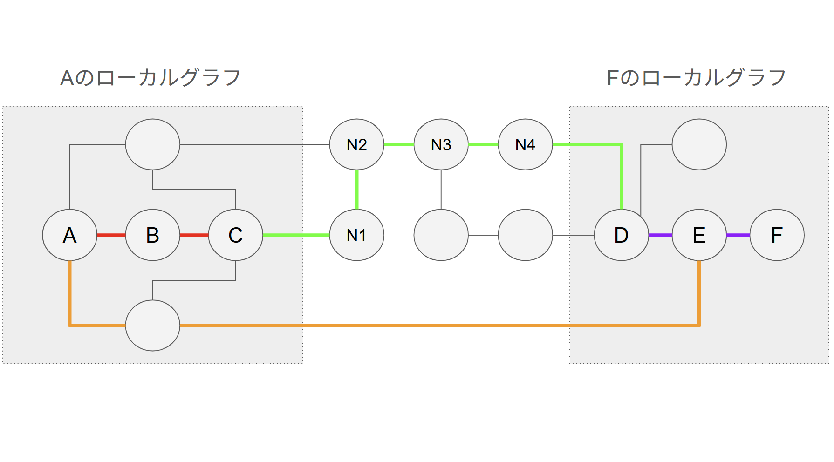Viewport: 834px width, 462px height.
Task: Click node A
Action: click(x=70, y=235)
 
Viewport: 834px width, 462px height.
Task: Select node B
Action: click(x=153, y=235)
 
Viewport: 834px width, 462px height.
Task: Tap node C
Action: click(x=236, y=235)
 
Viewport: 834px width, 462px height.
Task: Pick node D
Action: click(x=622, y=235)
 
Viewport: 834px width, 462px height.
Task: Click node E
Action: click(x=699, y=235)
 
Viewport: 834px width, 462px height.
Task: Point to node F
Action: click(x=777, y=235)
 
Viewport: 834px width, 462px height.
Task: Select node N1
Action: click(x=357, y=235)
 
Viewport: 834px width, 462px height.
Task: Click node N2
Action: click(x=357, y=144)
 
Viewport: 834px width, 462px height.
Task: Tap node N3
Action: click(x=441, y=144)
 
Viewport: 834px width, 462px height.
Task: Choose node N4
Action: click(x=526, y=144)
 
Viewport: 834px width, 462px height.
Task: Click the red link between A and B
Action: click(x=111, y=235)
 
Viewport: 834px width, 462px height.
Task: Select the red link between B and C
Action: click(x=194, y=235)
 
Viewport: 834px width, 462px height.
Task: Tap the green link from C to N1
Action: click(x=296, y=235)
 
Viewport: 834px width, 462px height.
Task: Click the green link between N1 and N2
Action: click(x=357, y=190)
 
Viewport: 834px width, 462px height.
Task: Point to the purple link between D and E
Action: click(x=660, y=235)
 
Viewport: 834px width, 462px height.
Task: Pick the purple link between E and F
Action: click(x=738, y=235)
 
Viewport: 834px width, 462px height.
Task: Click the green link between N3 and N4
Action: click(x=483, y=144)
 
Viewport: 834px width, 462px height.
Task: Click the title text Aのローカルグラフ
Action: click(x=150, y=78)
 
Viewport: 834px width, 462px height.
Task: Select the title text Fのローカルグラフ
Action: click(x=697, y=78)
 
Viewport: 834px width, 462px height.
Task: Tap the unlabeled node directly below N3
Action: click(x=441, y=235)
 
